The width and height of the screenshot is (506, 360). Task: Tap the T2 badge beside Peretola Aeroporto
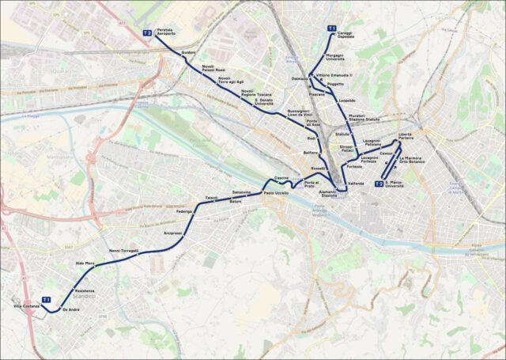tap(147, 32)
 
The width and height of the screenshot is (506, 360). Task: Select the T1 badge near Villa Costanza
tap(47, 300)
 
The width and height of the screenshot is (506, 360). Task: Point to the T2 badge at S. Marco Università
tap(379, 184)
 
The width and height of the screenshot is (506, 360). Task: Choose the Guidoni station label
tap(188, 52)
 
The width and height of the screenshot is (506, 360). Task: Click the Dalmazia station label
tap(300, 78)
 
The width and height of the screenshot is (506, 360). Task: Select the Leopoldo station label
tap(346, 100)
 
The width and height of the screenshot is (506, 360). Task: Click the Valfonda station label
tap(356, 184)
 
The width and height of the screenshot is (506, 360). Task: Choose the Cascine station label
tap(281, 177)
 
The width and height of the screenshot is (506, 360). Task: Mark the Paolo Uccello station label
tap(276, 193)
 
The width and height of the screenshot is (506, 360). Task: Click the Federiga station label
tap(184, 212)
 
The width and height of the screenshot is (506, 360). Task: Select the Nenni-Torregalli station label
tap(124, 250)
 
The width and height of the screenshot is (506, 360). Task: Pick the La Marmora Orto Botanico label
tap(413, 160)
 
